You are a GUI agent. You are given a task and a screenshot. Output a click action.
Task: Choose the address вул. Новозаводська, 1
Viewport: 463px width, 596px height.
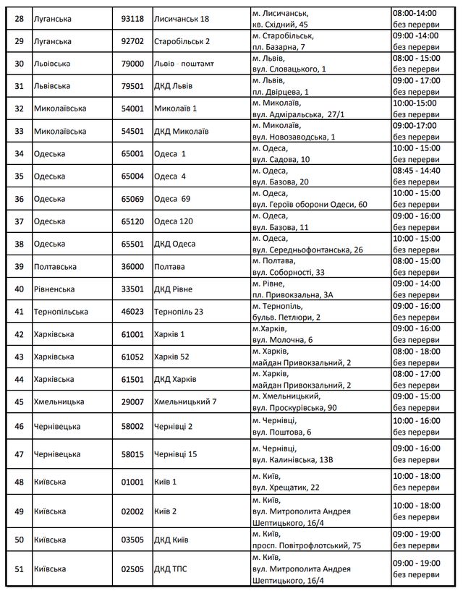(294, 137)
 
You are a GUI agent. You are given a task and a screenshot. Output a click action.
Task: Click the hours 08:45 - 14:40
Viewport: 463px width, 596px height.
(417, 170)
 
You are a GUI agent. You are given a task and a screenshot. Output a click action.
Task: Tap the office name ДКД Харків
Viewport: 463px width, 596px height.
(176, 379)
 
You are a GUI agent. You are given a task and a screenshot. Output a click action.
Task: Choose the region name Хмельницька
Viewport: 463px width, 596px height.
(59, 401)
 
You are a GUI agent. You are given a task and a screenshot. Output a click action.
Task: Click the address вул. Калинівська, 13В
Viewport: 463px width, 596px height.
(292, 460)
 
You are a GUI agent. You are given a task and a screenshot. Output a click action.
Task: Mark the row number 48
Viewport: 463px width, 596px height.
(19, 481)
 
